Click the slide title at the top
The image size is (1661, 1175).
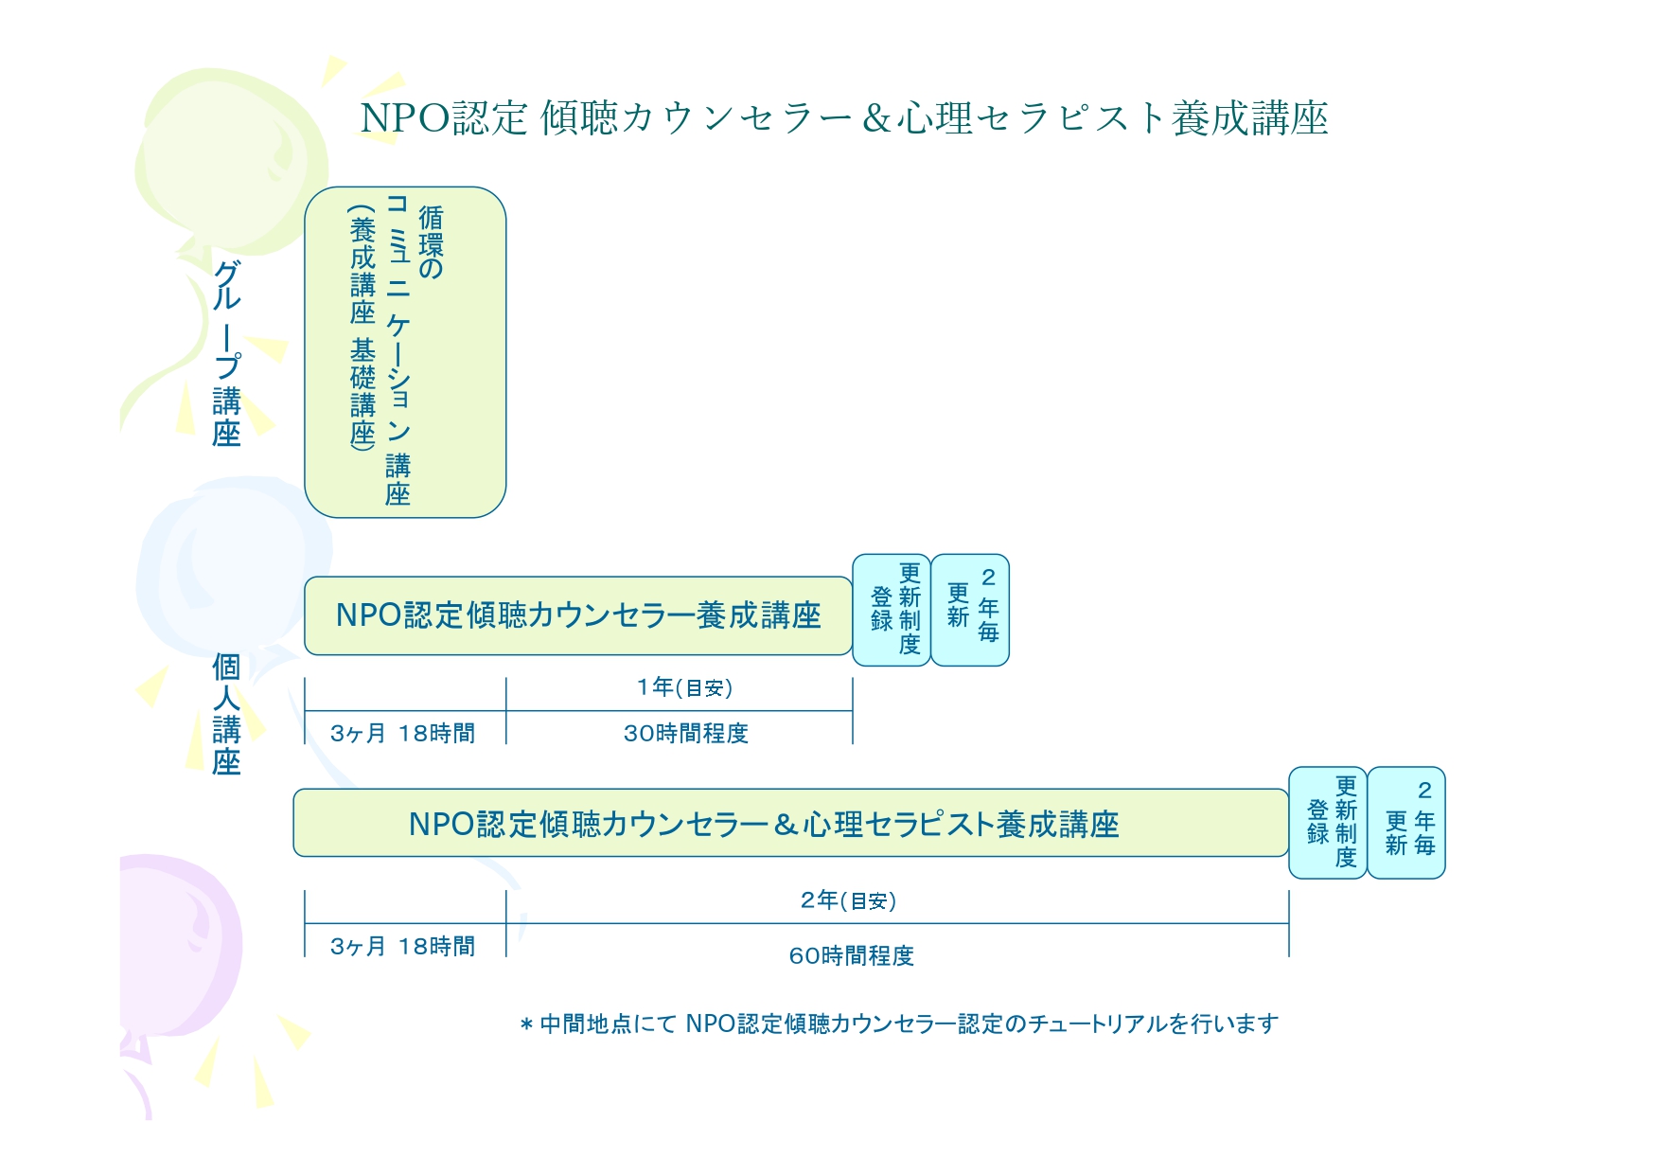point(843,118)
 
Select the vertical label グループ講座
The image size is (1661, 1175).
point(227,352)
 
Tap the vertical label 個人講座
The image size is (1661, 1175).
point(226,714)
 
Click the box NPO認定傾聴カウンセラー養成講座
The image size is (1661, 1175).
point(577,615)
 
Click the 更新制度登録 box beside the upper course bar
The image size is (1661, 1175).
point(892,610)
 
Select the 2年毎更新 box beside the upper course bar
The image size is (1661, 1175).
point(971,610)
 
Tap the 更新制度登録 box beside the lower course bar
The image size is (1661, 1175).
point(1329,823)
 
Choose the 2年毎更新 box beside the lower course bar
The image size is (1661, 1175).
point(1407,823)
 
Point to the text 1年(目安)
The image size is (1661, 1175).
point(684,687)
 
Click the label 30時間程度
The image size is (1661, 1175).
point(685,734)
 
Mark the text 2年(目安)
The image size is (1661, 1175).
point(848,900)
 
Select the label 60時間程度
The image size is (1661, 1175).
point(851,956)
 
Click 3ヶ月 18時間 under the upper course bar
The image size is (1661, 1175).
point(402,734)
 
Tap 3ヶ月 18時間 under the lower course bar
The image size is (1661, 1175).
point(402,947)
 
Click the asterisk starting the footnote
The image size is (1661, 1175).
point(526,1025)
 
